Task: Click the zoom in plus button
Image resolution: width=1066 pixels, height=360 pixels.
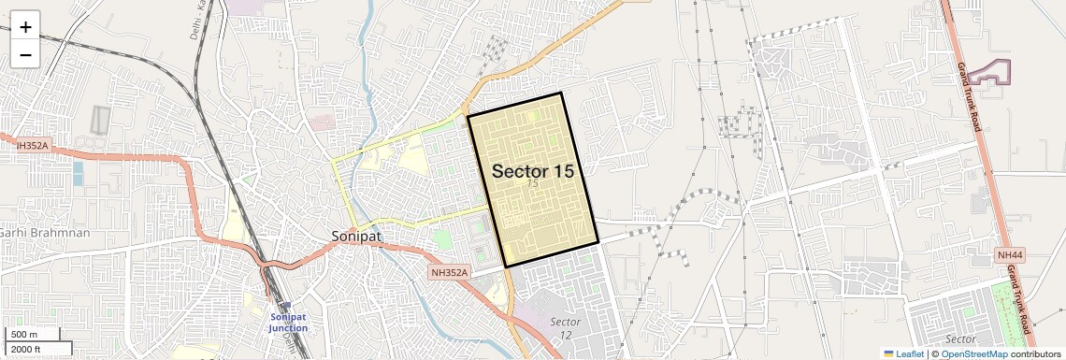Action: (x=25, y=27)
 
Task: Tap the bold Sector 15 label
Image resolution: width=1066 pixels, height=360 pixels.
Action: (x=532, y=171)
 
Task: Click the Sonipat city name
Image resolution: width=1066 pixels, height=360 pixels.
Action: (x=356, y=236)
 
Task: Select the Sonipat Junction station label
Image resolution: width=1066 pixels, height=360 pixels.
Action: (x=288, y=323)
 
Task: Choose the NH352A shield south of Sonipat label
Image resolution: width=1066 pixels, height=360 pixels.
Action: (x=449, y=272)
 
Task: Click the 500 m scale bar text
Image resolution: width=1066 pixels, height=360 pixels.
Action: (x=24, y=334)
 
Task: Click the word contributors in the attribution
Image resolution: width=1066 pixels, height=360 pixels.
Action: (x=1036, y=353)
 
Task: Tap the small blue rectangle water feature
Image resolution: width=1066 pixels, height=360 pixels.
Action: (x=78, y=173)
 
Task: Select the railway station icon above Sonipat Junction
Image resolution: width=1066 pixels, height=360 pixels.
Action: (x=287, y=305)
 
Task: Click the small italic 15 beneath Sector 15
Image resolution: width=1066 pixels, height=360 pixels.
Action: (x=532, y=184)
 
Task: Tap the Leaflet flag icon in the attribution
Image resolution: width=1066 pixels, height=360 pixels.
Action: (x=888, y=353)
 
